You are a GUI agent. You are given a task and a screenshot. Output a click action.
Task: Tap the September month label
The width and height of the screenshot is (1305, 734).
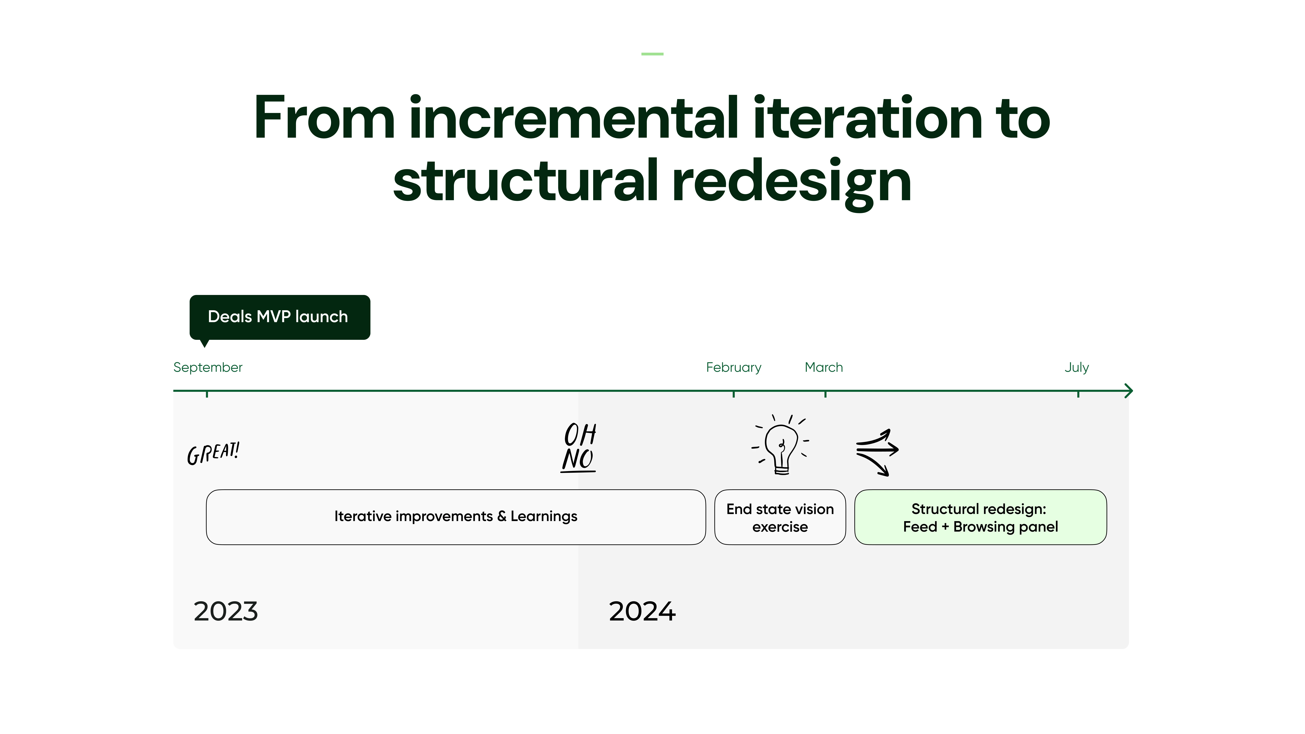tap(208, 367)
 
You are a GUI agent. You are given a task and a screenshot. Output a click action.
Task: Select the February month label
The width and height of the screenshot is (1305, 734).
tap(734, 367)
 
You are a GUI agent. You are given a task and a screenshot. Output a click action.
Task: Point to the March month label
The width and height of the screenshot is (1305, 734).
tap(824, 367)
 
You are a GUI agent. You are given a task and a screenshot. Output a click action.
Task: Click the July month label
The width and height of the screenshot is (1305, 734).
tap(1076, 367)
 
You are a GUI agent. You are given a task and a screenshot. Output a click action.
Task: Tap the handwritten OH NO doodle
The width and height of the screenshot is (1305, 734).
tap(579, 447)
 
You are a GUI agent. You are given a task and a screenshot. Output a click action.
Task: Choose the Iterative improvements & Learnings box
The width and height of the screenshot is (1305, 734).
tap(456, 517)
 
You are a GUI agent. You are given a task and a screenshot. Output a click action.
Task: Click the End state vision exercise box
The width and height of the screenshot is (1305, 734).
tap(780, 517)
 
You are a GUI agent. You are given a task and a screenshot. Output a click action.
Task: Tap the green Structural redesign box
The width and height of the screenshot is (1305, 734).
tap(980, 517)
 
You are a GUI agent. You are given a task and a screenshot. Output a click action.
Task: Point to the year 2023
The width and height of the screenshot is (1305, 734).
tap(226, 611)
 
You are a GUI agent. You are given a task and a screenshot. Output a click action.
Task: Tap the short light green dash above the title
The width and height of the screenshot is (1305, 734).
tap(652, 54)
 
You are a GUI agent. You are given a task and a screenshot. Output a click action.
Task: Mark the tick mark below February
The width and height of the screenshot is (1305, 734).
tap(734, 394)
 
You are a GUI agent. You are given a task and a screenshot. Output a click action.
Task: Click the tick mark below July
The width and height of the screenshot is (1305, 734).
tap(1078, 394)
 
